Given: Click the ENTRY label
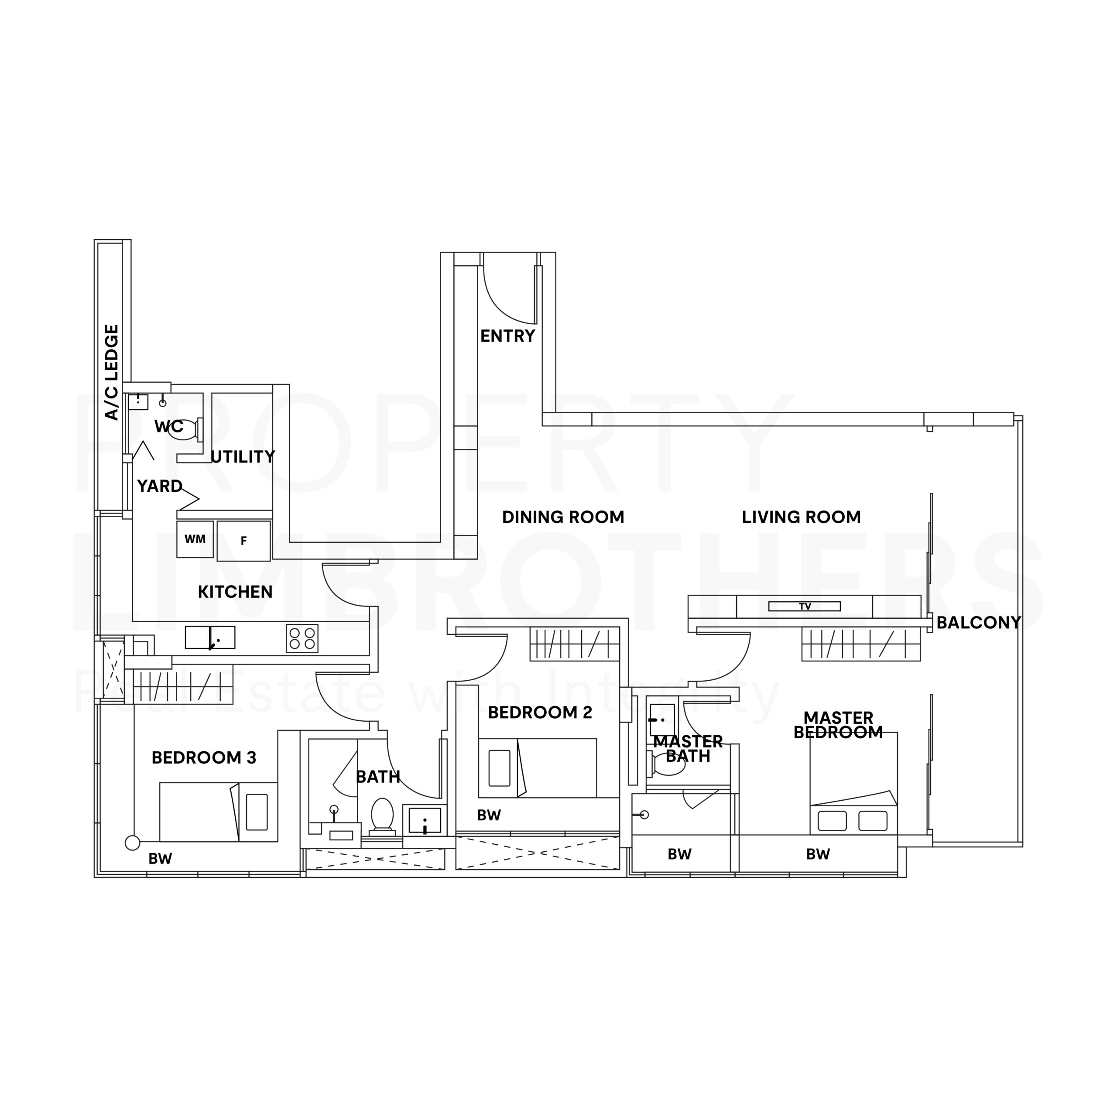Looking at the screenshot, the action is [x=507, y=336].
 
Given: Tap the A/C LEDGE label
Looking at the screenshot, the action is [x=112, y=372].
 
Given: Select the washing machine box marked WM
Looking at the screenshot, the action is [x=195, y=539].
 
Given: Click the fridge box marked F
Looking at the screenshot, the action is [x=243, y=541].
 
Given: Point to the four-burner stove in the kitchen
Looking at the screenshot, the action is [x=302, y=638].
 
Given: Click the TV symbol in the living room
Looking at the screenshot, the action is [x=804, y=606].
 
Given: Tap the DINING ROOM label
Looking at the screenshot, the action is [x=563, y=517].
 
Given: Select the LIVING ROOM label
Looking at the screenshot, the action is [x=802, y=517].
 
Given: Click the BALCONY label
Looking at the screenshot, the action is [x=978, y=623].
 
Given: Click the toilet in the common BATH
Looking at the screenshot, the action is [x=382, y=817].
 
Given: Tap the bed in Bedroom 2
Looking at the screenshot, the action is [x=537, y=768].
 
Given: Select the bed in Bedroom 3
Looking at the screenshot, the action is [x=219, y=812].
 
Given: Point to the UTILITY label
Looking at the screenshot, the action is [x=243, y=457].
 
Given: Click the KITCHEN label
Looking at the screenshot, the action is [x=235, y=592].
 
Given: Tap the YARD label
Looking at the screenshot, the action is [x=160, y=486].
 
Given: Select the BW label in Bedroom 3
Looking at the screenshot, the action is [x=160, y=859].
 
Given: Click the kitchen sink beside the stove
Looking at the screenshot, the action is [x=210, y=637].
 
